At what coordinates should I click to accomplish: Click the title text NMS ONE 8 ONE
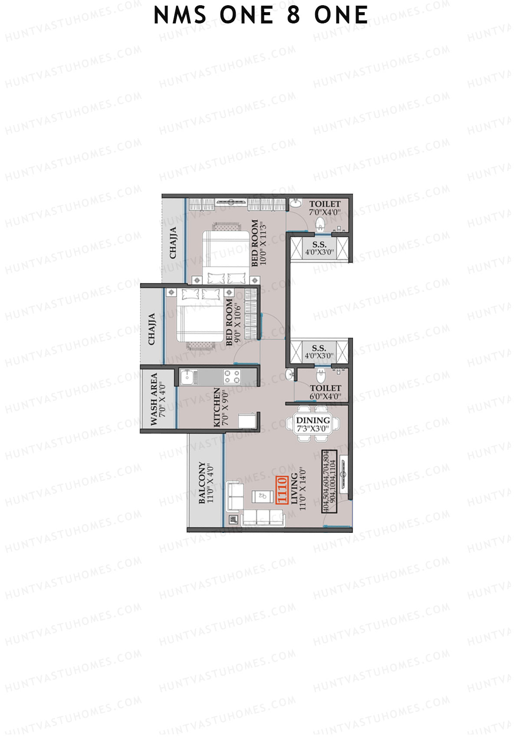pyautogui.click(x=260, y=16)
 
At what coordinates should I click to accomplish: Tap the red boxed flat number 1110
pyautogui.click(x=282, y=490)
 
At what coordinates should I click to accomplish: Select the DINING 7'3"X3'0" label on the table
pyautogui.click(x=313, y=424)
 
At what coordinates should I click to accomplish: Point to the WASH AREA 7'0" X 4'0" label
pyautogui.click(x=158, y=399)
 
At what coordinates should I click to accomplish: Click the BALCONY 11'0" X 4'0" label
pyautogui.click(x=206, y=483)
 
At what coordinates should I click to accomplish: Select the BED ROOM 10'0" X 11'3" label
pyautogui.click(x=257, y=243)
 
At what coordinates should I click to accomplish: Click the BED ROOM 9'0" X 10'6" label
pyautogui.click(x=233, y=321)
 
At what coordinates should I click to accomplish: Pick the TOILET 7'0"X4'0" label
pyautogui.click(x=325, y=208)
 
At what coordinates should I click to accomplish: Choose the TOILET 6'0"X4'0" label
pyautogui.click(x=325, y=392)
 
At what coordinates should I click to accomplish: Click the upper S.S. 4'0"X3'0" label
pyautogui.click(x=319, y=248)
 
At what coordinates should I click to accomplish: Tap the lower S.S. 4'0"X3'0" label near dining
pyautogui.click(x=319, y=352)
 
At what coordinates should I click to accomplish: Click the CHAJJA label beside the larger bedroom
pyautogui.click(x=173, y=243)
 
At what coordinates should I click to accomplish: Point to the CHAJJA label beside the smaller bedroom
pyautogui.click(x=152, y=329)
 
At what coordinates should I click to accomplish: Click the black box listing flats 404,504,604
pyautogui.click(x=329, y=482)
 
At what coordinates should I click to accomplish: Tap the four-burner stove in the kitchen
pyautogui.click(x=232, y=377)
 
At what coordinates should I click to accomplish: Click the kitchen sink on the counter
pyautogui.click(x=188, y=377)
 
